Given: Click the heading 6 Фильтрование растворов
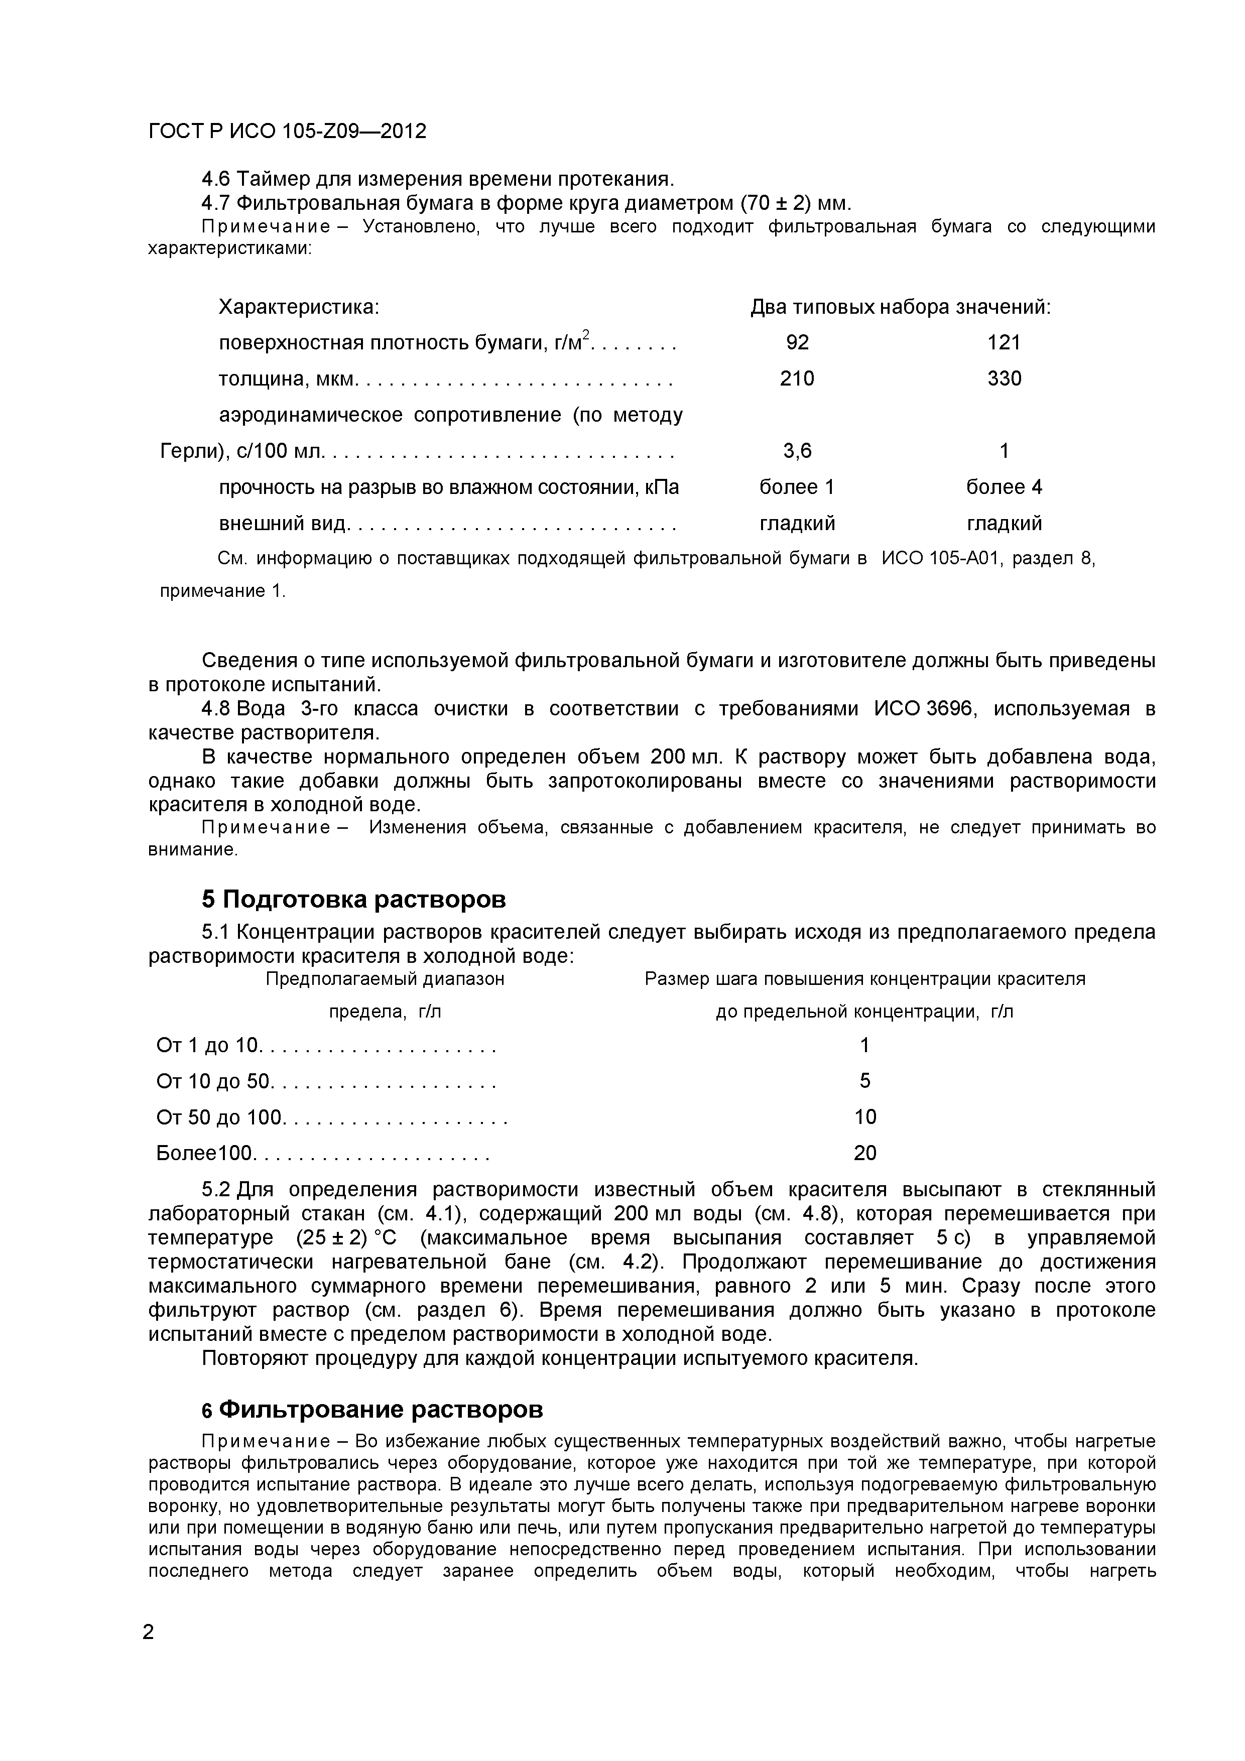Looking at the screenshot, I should click(x=372, y=1410).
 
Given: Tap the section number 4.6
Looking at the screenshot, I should click(x=215, y=180).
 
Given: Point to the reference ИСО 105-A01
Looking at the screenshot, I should click(x=940, y=559).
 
